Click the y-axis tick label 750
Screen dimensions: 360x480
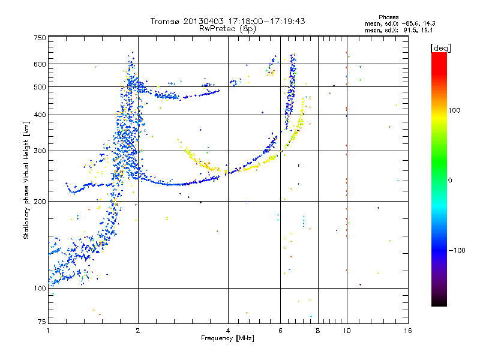coord(40,38)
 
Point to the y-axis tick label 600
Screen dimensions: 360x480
coord(40,64)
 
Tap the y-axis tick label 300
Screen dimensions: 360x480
coord(40,151)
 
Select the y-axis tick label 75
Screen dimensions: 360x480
coord(41,323)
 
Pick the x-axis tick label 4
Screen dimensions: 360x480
coord(228,331)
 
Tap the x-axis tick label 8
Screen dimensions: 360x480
coord(318,331)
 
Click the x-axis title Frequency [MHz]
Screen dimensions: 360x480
coord(227,339)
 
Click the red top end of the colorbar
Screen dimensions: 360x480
coord(439,56)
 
